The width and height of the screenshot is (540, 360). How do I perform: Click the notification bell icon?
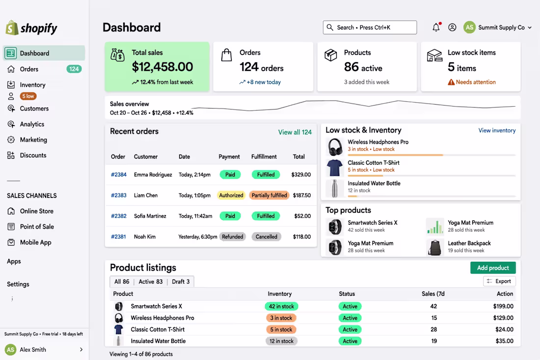tap(436, 27)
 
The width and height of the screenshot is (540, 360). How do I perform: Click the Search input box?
tap(370, 27)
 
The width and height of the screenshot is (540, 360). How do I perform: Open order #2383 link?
tap(118, 195)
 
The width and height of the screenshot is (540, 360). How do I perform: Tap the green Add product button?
tap(493, 268)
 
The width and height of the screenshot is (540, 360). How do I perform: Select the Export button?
tap(499, 281)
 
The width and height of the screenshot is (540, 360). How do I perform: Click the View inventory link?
tap(497, 130)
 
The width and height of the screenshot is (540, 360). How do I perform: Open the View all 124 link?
tap(295, 132)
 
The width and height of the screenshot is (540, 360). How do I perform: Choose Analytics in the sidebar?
tap(32, 124)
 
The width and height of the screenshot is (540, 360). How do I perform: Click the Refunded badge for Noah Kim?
tap(233, 237)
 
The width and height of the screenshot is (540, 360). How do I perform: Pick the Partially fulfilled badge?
tap(270, 195)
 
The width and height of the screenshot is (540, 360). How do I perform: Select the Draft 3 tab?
tap(181, 281)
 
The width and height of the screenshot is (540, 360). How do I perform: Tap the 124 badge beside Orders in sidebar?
tap(74, 69)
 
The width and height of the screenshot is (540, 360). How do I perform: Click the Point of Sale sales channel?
tap(37, 227)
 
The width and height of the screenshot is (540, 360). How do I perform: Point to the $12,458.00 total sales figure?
tap(162, 67)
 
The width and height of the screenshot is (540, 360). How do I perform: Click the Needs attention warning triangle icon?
tap(451, 82)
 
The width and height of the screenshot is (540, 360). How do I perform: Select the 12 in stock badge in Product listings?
tap(281, 341)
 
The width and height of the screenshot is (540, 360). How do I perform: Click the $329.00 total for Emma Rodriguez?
tap(301, 175)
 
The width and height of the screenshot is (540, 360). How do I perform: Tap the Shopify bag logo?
tap(12, 28)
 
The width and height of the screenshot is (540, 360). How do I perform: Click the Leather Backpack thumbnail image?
tap(434, 248)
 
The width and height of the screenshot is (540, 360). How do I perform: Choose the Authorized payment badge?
tap(231, 195)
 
